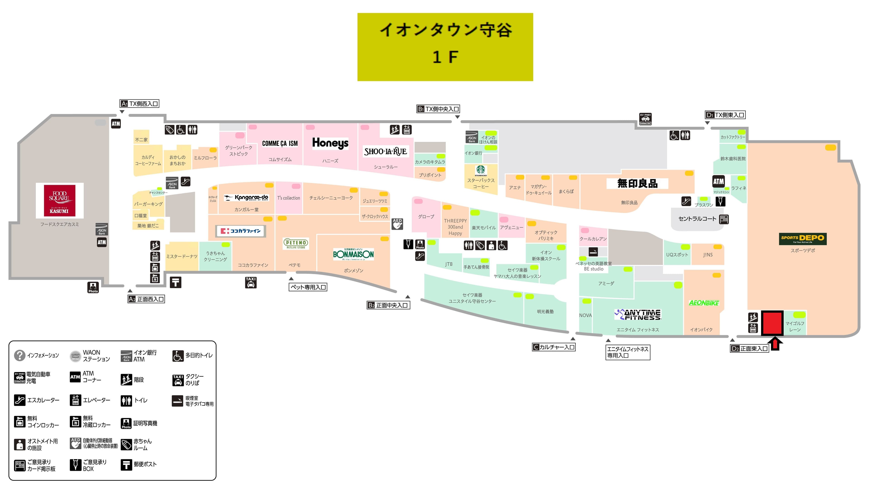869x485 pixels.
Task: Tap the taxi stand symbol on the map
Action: (251, 282)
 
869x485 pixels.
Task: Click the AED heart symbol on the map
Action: (397, 224)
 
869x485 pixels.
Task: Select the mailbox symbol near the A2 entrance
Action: (175, 282)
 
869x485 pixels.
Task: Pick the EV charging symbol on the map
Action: (645, 119)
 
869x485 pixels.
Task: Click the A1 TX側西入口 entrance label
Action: (139, 104)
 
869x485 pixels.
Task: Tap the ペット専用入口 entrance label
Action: (308, 287)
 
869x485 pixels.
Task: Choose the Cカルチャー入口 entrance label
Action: (554, 347)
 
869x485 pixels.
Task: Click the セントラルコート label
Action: (697, 219)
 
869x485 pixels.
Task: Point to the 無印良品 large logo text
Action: (637, 183)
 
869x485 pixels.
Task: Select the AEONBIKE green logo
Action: (704, 303)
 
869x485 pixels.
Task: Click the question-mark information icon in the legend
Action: (19, 355)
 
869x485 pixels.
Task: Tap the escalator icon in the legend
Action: (19, 400)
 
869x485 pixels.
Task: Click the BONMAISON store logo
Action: (353, 254)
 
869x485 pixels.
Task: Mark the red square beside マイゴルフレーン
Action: (772, 323)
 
